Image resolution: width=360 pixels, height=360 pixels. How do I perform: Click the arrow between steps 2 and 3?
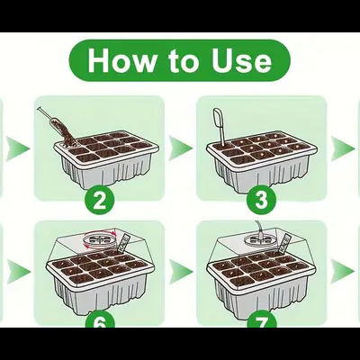181,148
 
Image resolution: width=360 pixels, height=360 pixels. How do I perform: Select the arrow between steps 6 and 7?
181,270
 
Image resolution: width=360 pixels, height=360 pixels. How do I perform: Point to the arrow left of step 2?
16,148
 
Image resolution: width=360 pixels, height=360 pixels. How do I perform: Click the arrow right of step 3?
344,148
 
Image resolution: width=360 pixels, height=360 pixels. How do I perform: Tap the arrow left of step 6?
16,270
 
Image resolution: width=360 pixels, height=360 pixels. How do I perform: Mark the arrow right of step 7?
344,270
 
